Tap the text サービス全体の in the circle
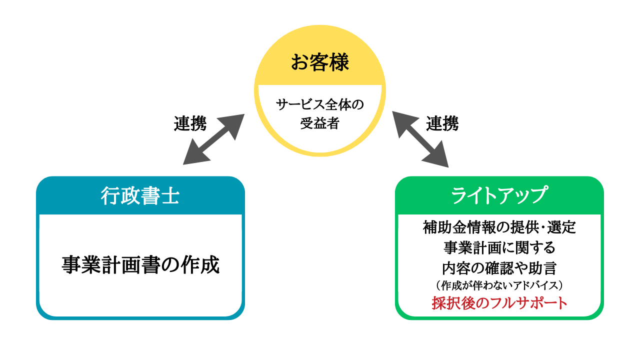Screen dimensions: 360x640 click(x=320, y=105)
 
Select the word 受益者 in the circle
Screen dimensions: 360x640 click(x=320, y=123)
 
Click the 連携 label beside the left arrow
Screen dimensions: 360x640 click(x=190, y=123)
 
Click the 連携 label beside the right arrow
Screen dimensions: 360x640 click(x=442, y=123)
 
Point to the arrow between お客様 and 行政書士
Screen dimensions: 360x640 click(x=213, y=139)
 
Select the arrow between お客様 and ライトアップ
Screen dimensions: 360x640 click(x=420, y=139)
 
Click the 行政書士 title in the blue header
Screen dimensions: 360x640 click(x=140, y=195)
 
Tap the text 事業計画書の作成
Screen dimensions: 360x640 click(x=140, y=265)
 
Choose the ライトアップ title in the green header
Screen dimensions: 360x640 click(x=499, y=195)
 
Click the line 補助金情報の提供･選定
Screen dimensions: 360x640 click(x=499, y=228)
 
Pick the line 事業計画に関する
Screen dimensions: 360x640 click(x=499, y=247)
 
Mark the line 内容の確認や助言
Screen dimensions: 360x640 click(x=499, y=267)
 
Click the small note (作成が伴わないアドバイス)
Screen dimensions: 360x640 click(x=499, y=285)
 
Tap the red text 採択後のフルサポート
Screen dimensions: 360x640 click(x=499, y=303)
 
